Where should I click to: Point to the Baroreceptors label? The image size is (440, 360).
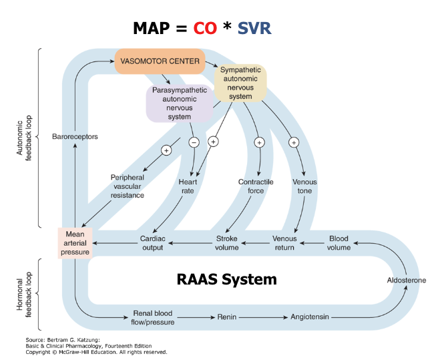(x=75, y=137)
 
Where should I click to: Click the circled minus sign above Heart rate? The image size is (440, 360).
(x=194, y=142)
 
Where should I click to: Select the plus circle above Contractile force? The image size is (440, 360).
(x=259, y=142)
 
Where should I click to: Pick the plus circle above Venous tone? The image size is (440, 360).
(x=294, y=142)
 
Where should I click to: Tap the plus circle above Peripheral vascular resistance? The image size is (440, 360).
(x=166, y=150)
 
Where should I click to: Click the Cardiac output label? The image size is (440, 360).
(x=152, y=243)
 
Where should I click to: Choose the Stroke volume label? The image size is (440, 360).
(x=226, y=243)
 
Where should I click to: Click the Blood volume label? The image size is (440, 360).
(x=339, y=243)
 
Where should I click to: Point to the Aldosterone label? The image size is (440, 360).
(x=406, y=281)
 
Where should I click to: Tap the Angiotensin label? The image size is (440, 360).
(x=309, y=317)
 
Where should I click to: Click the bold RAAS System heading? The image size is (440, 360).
(x=226, y=278)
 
